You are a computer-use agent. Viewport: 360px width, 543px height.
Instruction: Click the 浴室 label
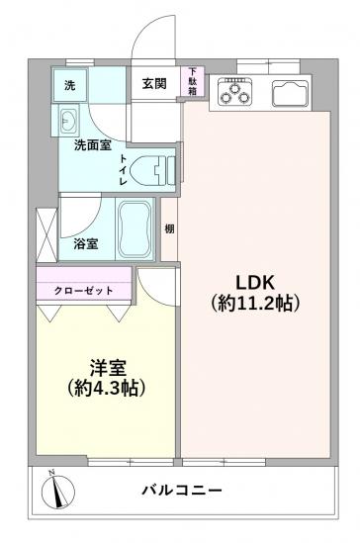click(x=85, y=243)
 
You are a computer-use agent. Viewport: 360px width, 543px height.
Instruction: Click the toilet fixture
click(x=155, y=168)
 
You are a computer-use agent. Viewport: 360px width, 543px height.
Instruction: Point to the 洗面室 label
click(x=92, y=145)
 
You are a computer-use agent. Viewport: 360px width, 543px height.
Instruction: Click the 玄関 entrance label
click(x=152, y=84)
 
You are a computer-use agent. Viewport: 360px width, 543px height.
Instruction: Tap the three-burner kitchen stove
click(x=237, y=93)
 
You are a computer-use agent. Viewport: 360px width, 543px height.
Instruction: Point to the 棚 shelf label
click(x=170, y=229)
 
